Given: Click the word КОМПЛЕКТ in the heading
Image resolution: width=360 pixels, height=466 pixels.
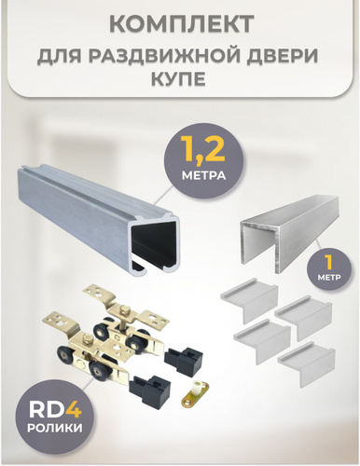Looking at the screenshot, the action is (182, 24).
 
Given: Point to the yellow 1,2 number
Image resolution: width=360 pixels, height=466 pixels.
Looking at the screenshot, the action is (203, 152).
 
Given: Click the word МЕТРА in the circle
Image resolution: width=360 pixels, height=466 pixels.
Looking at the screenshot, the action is (203, 176).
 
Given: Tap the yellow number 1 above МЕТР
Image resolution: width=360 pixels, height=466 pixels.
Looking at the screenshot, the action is (327, 264).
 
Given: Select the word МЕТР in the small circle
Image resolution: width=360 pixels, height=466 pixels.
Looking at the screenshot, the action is (329, 278).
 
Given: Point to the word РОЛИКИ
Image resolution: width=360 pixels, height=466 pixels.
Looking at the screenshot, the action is (55, 429).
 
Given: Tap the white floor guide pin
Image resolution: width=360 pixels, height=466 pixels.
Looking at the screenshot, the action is (197, 386).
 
